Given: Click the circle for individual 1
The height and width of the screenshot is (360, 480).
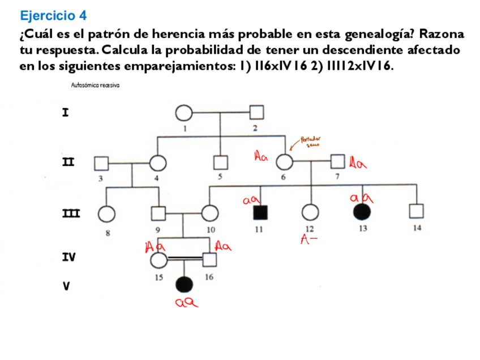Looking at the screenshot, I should coord(184,113).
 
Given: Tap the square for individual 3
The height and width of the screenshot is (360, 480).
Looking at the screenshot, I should coord(101,163).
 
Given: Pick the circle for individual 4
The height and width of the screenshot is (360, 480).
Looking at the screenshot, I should coord(158,163).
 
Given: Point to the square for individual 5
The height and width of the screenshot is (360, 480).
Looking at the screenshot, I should coord(220,163).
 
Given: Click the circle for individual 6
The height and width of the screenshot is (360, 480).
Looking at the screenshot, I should coord(284,162).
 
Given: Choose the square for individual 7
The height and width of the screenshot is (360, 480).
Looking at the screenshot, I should coord(338,162).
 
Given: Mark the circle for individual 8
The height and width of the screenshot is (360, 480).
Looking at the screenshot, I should coord(106,213).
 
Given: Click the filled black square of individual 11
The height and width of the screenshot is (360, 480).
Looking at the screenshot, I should coord(260,213).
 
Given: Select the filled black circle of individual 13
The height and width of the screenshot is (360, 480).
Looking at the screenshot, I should coord(362,212).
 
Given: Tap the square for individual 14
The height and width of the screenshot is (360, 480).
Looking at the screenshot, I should coord(417,212).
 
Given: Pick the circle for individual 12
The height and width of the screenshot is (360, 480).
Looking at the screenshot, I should coord(310,213).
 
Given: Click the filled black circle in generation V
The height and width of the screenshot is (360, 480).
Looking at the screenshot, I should coord(185,284).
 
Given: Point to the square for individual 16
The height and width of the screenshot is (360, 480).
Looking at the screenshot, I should coord(210,260).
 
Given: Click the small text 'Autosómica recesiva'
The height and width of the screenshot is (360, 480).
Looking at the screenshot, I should coord(95,85).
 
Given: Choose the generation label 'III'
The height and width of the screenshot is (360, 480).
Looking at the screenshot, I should coord(70,213).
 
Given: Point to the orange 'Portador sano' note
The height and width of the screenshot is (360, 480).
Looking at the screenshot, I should coord(310,142).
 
